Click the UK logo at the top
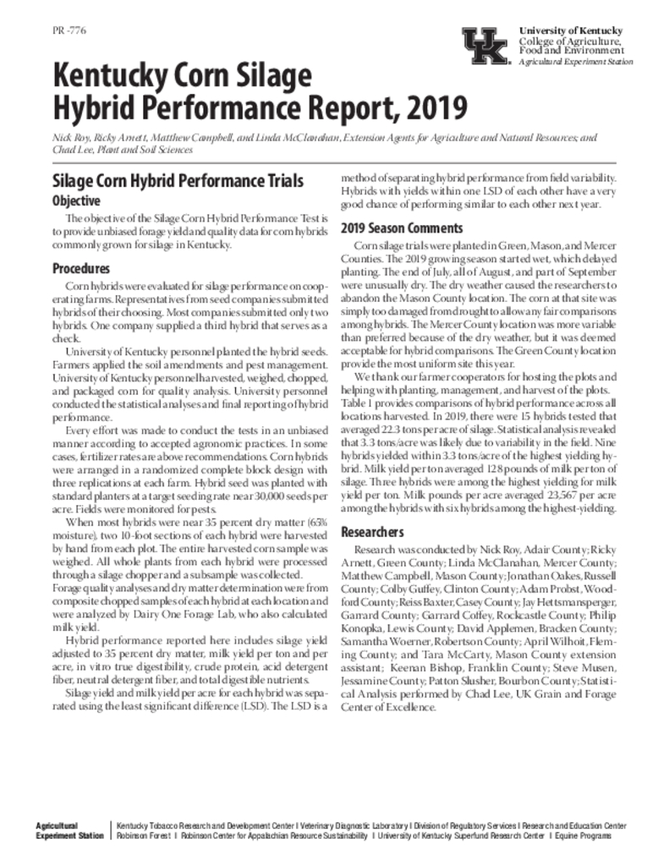(x=485, y=45)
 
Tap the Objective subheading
(x=77, y=201)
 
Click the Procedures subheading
(x=81, y=268)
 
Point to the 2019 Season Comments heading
(x=402, y=228)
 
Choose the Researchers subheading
(x=373, y=533)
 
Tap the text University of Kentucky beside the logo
(x=571, y=31)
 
